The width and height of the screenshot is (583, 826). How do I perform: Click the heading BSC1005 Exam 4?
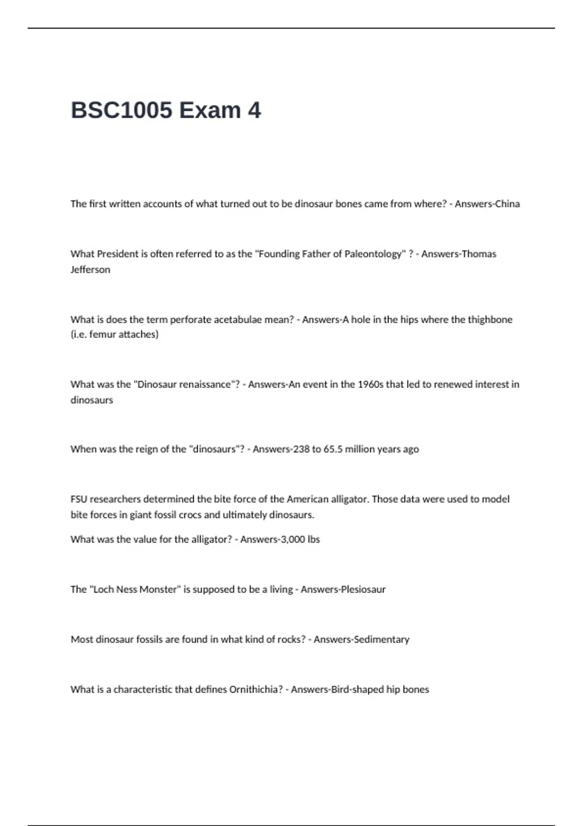(166, 110)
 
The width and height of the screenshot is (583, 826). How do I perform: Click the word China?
(507, 204)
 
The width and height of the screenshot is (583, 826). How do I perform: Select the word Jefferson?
(90, 270)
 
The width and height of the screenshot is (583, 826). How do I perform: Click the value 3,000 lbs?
(300, 539)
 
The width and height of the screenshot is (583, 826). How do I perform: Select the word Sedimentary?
(381, 639)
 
